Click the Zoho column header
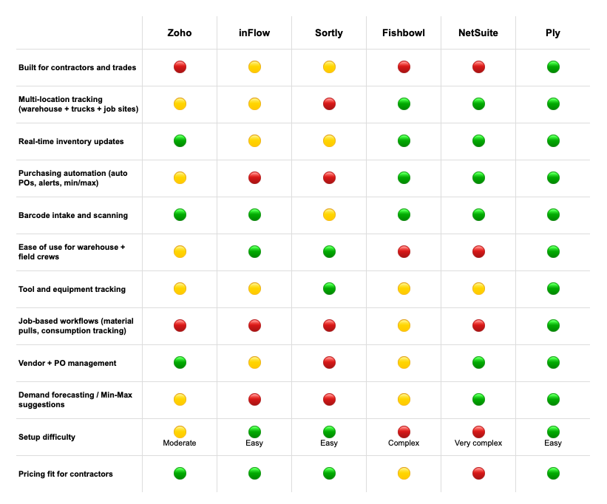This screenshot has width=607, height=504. [x=180, y=33]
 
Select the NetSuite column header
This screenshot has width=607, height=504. [x=478, y=33]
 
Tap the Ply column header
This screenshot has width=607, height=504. [x=553, y=33]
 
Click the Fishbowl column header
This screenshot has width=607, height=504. [x=404, y=33]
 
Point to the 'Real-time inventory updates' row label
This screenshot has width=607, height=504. [x=71, y=141]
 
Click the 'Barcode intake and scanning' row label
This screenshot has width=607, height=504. [x=72, y=215]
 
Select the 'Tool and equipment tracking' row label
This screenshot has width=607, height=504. [x=72, y=289]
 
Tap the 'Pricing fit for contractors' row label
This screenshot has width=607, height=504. [x=65, y=474]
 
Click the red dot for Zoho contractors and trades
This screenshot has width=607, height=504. [x=180, y=67]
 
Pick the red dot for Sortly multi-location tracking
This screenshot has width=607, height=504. [x=329, y=104]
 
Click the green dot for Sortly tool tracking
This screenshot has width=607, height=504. [x=329, y=289]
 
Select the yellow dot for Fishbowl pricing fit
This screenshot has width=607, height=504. [x=404, y=474]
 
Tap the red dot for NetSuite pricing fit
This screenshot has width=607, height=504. [x=478, y=474]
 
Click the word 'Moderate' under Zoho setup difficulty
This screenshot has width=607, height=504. [x=180, y=443]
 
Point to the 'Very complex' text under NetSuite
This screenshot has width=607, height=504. [x=478, y=443]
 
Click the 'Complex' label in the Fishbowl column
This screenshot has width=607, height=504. [x=404, y=443]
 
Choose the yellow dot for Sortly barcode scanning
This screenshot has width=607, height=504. [x=329, y=215]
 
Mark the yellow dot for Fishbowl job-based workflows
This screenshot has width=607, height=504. [x=404, y=326]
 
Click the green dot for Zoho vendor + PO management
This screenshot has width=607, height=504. [x=180, y=363]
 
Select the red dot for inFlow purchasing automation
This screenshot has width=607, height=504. [x=254, y=178]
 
